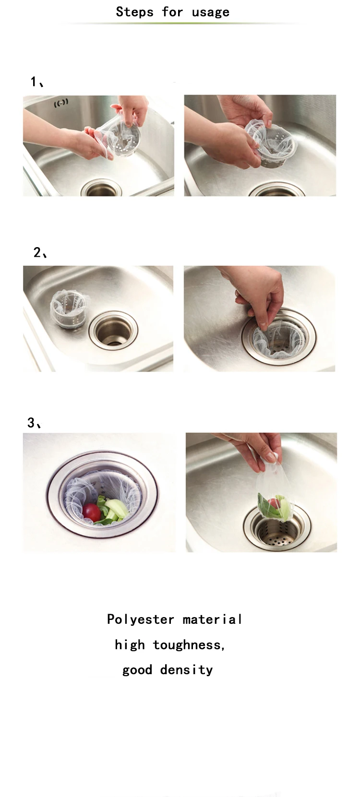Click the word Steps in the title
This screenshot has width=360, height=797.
134,12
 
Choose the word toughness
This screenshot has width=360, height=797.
189,645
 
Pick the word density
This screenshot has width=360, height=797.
187,670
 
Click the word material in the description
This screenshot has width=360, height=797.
212,619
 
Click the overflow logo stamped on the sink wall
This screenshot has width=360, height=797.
61,104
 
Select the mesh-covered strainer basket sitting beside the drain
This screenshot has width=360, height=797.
68,308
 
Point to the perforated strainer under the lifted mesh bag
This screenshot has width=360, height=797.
276,532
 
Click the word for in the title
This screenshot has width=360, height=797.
172,12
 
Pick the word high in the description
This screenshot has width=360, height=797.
130,645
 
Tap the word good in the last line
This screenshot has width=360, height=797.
137,670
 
